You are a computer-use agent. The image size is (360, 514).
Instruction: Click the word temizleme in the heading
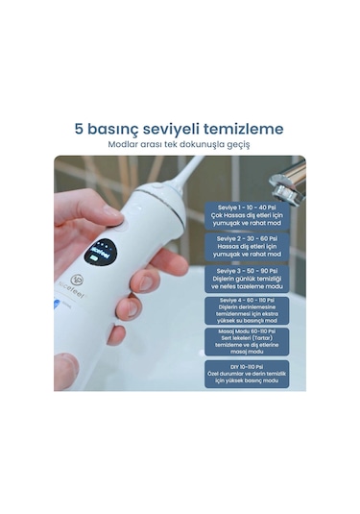pyautogui.click(x=244, y=129)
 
